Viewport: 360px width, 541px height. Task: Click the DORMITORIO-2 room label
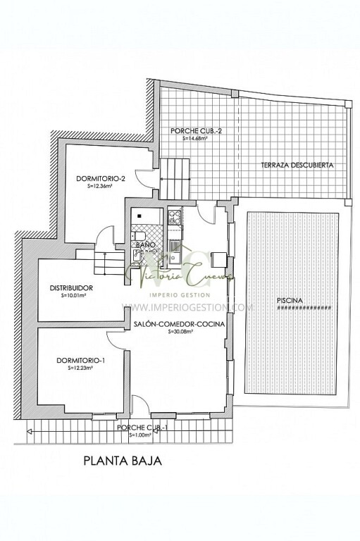101,178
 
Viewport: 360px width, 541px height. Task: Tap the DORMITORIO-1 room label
81,361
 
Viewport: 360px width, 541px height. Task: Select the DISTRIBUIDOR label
72,287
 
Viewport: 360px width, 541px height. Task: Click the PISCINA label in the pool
290,301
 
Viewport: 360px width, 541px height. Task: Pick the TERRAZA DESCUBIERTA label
297,165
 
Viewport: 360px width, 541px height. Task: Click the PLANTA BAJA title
123,462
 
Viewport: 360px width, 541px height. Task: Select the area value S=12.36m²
100,187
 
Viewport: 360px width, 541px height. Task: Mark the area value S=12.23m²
81,368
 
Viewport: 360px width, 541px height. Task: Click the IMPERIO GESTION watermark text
180,294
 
